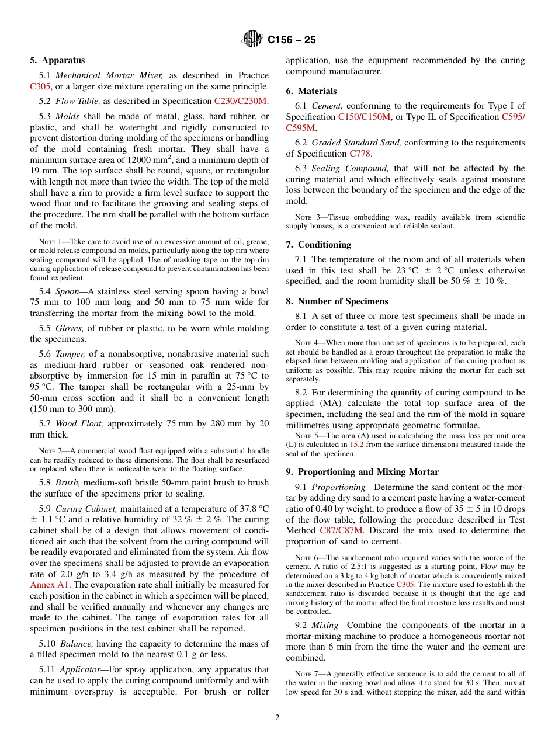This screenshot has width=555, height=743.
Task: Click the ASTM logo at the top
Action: coord(252,40)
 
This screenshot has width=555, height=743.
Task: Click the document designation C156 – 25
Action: coord(292,40)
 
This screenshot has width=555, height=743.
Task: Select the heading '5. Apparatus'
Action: coord(57,60)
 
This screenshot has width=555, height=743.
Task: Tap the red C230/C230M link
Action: coord(241,101)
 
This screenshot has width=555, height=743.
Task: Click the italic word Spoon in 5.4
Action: coord(67,291)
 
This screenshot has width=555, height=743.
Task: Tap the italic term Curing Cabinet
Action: coord(86,509)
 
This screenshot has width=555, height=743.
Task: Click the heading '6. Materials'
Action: coord(311,91)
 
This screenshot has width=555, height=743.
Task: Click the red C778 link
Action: coord(360,154)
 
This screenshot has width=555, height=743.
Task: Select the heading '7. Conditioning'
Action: coord(318,245)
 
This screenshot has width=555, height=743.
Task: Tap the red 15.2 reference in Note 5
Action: coord(357,445)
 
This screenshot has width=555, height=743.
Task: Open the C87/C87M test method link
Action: coord(341,530)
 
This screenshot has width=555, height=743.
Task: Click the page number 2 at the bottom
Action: coord(277,718)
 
